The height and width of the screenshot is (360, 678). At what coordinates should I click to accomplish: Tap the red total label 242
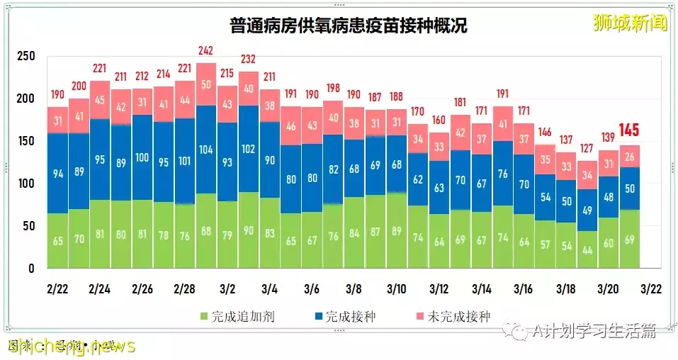tap(205, 51)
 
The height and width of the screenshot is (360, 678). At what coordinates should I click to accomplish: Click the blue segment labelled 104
tap(205, 150)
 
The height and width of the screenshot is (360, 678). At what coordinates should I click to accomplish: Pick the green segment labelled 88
tap(205, 230)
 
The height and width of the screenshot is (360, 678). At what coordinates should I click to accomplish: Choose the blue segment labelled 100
tap(142, 157)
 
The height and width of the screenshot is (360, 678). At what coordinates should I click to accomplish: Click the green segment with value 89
tap(397, 230)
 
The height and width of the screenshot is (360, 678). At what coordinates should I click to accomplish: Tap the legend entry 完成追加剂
tap(237, 316)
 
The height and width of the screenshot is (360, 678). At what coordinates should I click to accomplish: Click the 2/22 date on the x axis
tap(57, 289)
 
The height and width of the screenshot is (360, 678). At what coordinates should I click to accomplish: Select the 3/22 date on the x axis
tap(650, 289)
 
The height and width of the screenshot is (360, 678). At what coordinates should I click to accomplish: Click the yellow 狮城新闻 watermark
tap(630, 23)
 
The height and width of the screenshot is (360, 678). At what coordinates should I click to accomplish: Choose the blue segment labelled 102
tap(248, 150)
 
